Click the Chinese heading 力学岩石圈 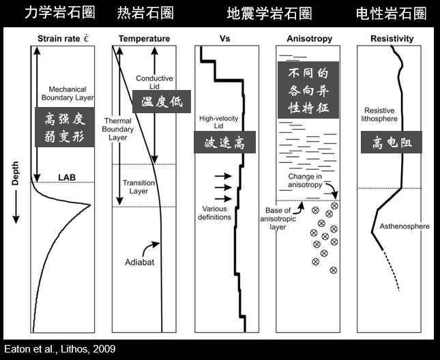click(59, 13)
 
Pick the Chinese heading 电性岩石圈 click(392, 13)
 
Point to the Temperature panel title click(144, 39)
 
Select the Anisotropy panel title click(309, 39)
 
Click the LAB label click(66, 177)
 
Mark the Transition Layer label click(139, 187)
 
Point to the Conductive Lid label click(155, 82)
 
